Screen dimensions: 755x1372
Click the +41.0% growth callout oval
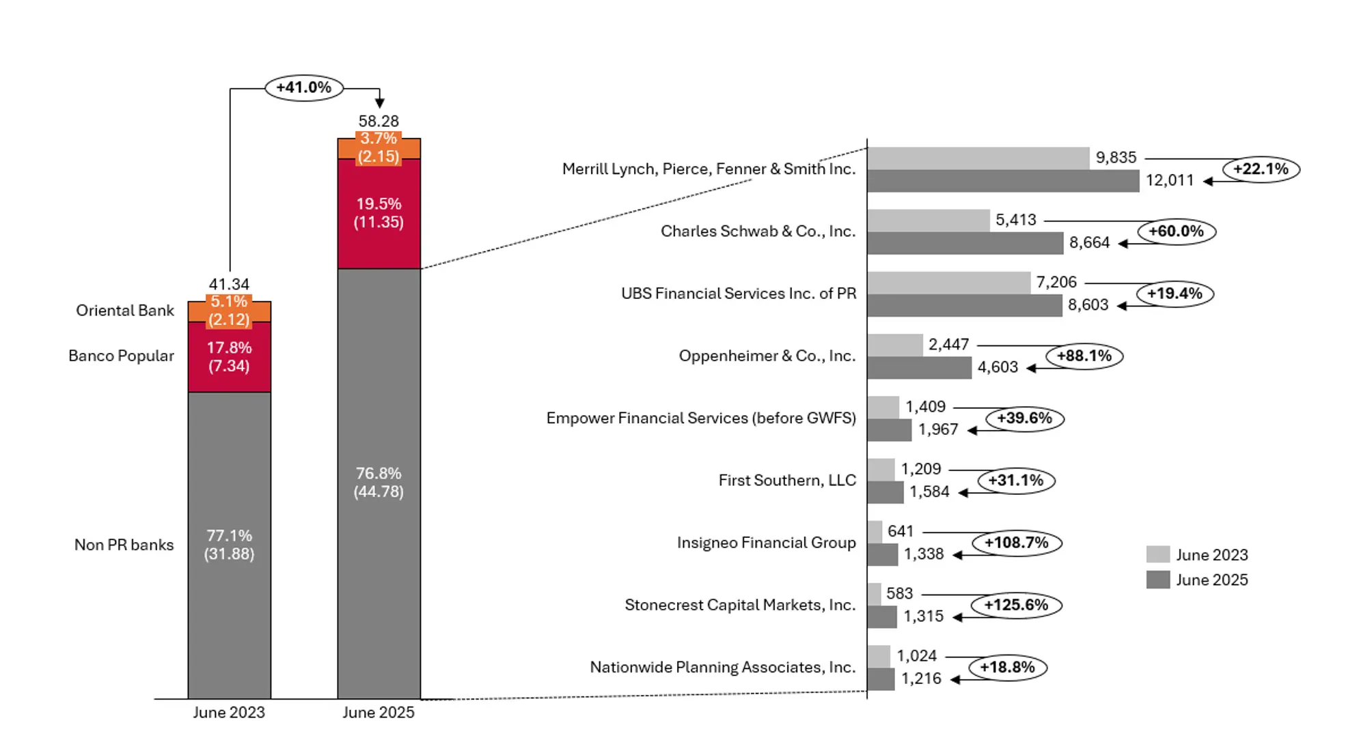[x=304, y=87]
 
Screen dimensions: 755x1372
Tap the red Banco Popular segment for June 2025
[x=379, y=214]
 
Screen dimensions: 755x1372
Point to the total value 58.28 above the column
[x=379, y=121]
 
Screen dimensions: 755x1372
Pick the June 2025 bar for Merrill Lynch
[x=1002, y=181]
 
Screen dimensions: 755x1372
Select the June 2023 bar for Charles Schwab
[x=928, y=220]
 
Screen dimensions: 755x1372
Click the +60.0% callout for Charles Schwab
[x=1176, y=231]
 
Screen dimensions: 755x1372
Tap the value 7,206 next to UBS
[x=1056, y=282]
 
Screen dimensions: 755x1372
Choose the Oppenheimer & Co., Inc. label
[x=767, y=356]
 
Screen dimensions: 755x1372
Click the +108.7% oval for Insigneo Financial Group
[x=1016, y=543]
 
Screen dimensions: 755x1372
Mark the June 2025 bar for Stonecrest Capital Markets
[x=882, y=616]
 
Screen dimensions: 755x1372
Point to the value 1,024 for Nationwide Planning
[x=916, y=656]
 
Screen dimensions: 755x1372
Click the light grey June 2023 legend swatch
[x=1157, y=554]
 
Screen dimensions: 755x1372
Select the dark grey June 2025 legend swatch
[x=1157, y=580]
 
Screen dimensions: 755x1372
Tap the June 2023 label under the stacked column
[x=228, y=712]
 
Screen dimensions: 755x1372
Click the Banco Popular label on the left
[x=121, y=356]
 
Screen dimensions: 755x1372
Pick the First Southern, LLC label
[x=787, y=481]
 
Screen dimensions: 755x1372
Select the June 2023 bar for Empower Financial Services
[x=883, y=407]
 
